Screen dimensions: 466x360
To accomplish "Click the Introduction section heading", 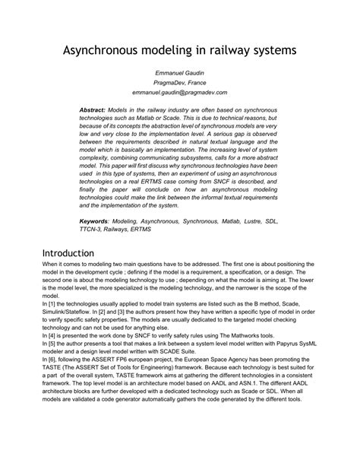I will (x=68, y=252).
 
